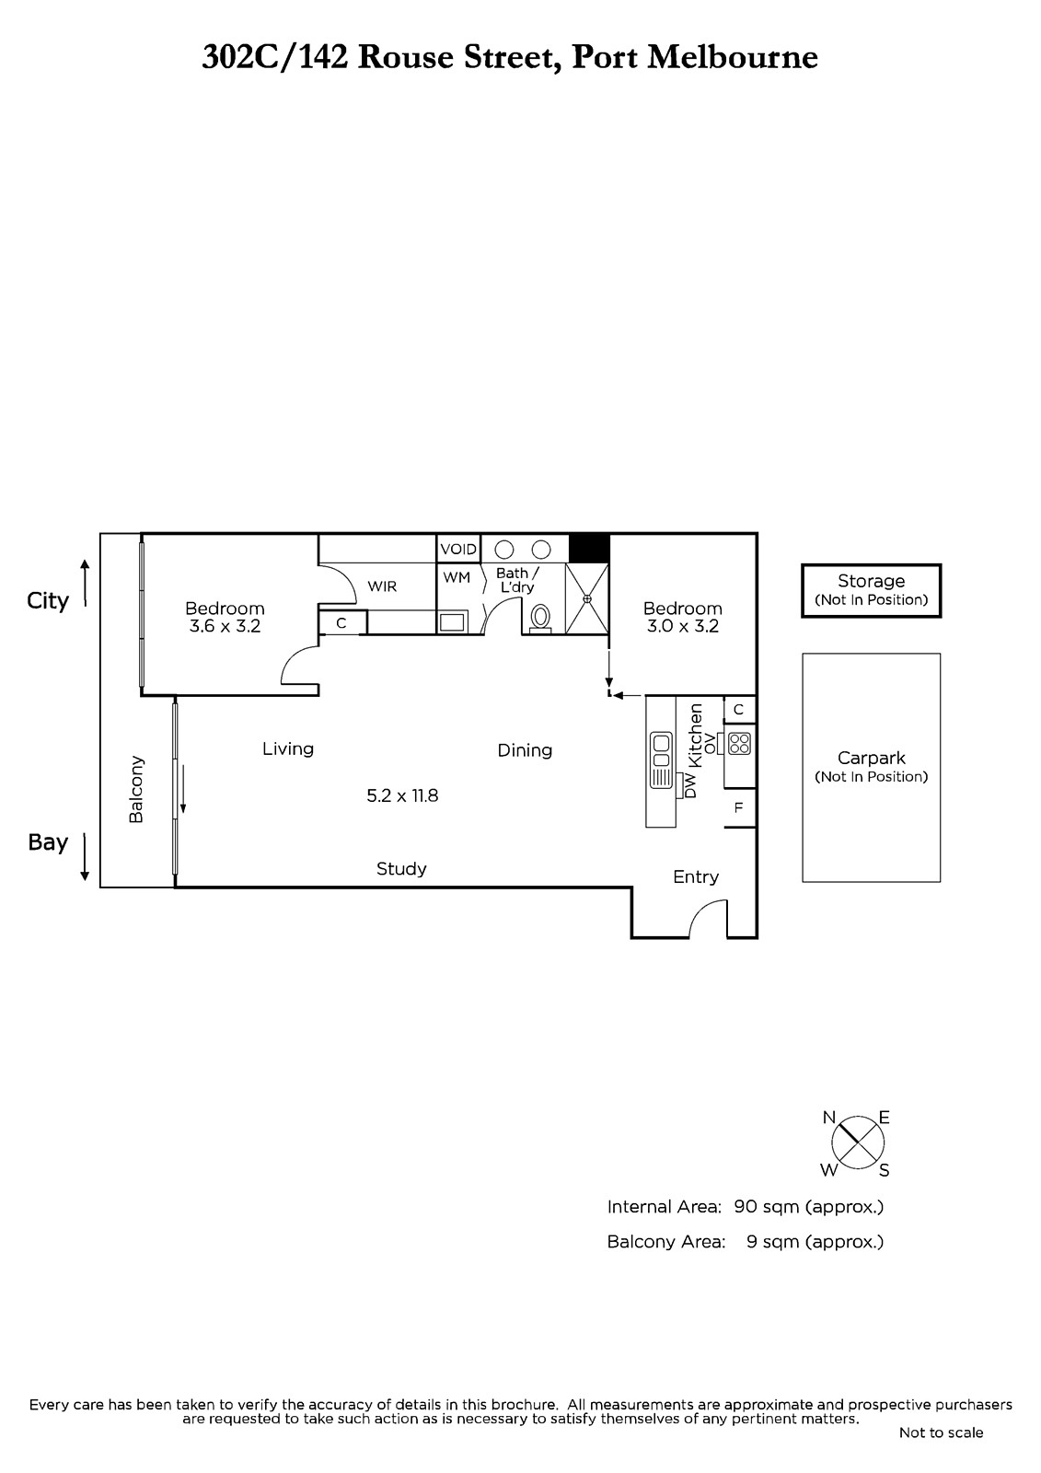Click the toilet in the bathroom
click(540, 619)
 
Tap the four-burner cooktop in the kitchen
click(739, 743)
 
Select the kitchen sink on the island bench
click(661, 760)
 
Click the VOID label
click(458, 549)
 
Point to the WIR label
click(382, 586)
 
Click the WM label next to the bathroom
click(457, 577)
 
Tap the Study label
click(401, 869)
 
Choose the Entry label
click(696, 876)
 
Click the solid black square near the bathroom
click(588, 548)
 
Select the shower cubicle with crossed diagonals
click(586, 598)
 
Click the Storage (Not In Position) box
click(872, 590)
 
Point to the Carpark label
click(872, 758)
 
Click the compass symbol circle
click(858, 1142)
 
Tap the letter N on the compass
click(828, 1118)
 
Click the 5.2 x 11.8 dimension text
click(402, 795)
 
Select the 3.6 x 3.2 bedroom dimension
click(225, 626)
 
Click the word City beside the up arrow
click(47, 601)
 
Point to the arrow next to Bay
click(84, 856)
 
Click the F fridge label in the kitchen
click(738, 807)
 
